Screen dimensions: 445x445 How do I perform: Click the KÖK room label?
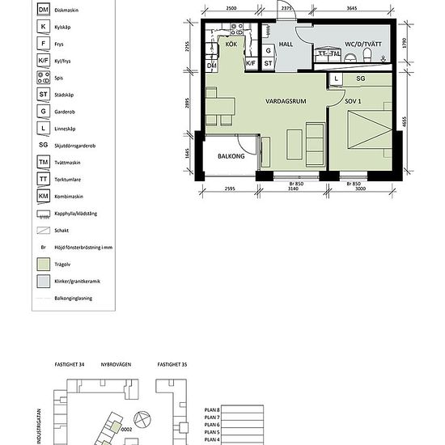[231, 45]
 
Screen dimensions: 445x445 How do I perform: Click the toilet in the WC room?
[367, 56]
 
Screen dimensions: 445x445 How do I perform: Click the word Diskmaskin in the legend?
[66, 11]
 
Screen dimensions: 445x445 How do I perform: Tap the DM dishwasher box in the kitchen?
[212, 66]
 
